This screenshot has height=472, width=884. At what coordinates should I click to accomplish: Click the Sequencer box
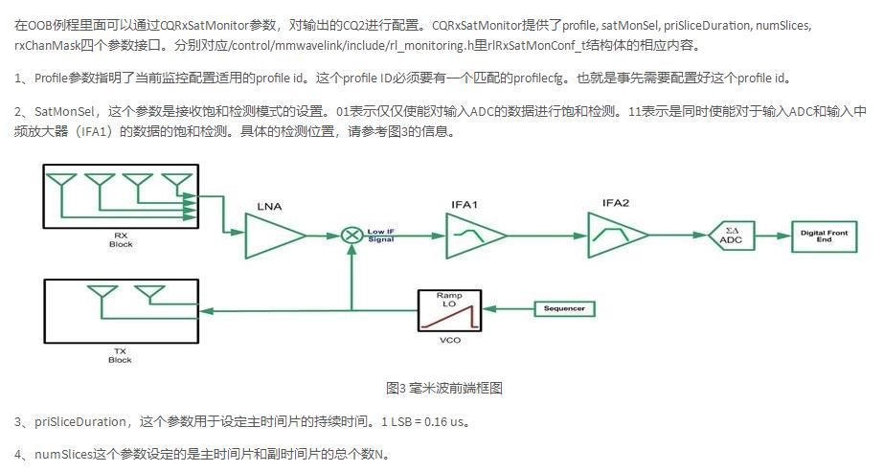(563, 308)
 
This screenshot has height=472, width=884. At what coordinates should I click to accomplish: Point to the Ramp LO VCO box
(447, 310)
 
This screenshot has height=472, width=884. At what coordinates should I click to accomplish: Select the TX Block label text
(121, 355)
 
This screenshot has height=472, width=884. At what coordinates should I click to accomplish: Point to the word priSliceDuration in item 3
(80, 422)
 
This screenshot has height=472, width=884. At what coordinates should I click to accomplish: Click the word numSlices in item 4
(63, 453)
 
